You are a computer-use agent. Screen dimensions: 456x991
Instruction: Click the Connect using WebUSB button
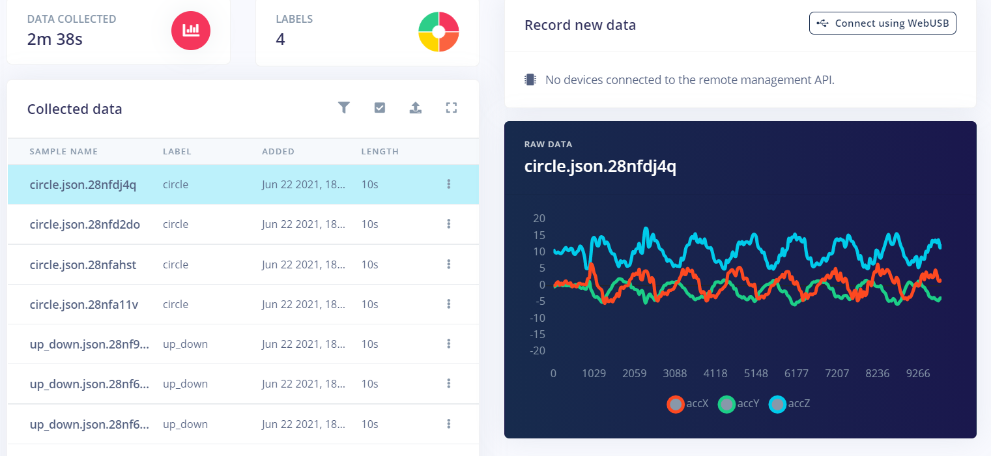882,23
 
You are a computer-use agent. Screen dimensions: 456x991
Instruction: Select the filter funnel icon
344,108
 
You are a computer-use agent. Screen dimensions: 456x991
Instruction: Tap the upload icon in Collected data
416,108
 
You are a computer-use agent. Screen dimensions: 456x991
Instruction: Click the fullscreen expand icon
452,108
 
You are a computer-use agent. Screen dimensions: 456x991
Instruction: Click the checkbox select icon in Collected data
380,108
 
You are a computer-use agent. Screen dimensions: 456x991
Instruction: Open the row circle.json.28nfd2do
85,224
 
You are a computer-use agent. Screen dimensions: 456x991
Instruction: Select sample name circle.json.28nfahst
83,264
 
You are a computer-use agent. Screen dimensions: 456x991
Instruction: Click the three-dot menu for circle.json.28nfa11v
449,304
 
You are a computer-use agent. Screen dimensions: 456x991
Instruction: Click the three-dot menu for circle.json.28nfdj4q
449,184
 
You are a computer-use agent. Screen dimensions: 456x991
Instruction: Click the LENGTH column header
380,151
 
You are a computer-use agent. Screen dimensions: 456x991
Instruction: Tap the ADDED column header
278,151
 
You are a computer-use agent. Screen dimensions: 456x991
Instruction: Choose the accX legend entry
687,404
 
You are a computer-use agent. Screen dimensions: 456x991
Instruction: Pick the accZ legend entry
790,404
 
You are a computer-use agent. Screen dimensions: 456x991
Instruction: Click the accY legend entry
739,404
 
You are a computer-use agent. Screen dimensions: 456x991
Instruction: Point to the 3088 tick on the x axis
675,373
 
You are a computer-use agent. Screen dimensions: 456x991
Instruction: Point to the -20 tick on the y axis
538,350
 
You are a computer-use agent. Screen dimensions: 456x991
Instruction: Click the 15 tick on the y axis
539,235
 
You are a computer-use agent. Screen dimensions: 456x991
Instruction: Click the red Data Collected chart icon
191,30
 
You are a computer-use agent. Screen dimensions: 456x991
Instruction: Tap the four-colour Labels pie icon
438,31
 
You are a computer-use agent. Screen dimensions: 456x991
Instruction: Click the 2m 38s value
55,39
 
